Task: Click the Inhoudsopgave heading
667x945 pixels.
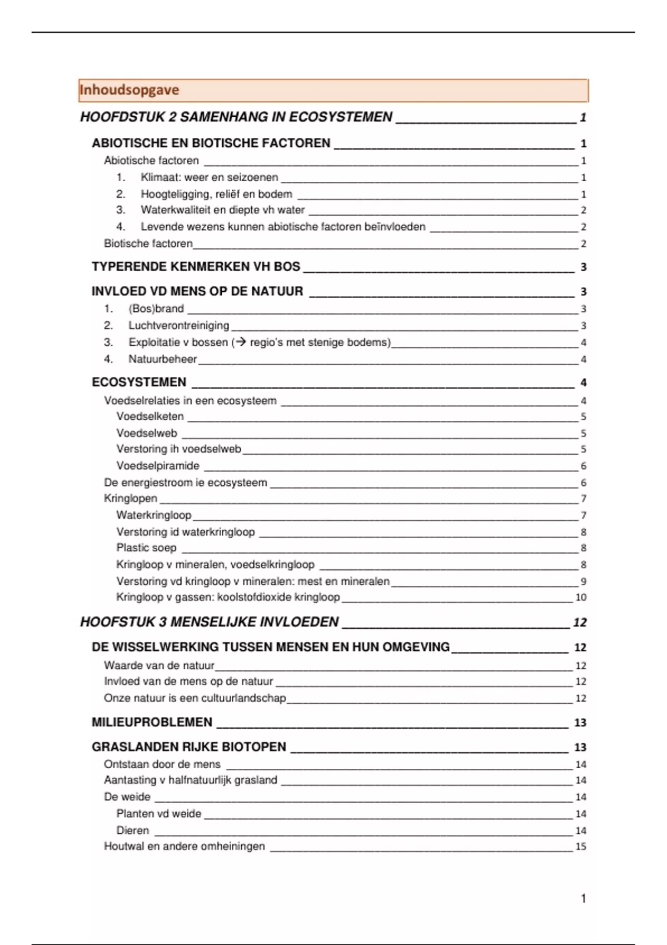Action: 129,90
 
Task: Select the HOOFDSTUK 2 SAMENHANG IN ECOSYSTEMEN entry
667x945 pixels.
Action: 236,117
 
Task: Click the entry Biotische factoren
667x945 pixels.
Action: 148,243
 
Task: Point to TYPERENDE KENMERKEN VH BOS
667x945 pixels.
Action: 196,267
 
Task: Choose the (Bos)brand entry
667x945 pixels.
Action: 156,309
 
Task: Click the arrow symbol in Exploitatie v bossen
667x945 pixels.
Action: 241,342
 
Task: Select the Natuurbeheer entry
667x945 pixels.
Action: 162,359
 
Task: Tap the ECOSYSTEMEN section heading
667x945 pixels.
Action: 139,382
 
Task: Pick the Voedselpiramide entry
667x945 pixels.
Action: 158,466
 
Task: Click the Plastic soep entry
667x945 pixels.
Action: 146,548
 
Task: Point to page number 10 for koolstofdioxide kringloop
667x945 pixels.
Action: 581,598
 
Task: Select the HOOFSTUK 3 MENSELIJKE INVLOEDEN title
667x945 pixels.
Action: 210,622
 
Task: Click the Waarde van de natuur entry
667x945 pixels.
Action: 159,665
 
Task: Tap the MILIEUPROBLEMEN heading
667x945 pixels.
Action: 152,722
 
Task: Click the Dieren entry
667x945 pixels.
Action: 133,830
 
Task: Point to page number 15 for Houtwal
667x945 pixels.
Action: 581,847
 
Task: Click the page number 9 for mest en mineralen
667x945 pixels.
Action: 583,581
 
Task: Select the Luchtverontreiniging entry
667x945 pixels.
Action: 178,326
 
